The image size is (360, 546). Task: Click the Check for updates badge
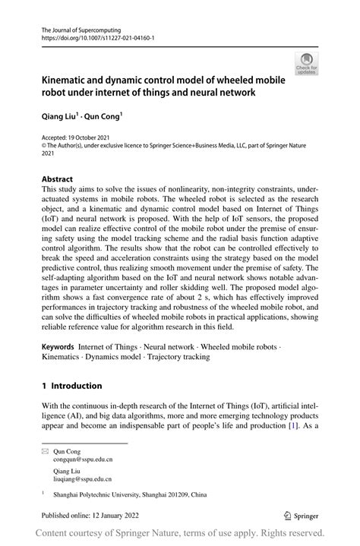pos(306,64)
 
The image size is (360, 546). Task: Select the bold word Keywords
pos(58,346)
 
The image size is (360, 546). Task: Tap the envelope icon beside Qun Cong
pos(45,451)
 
